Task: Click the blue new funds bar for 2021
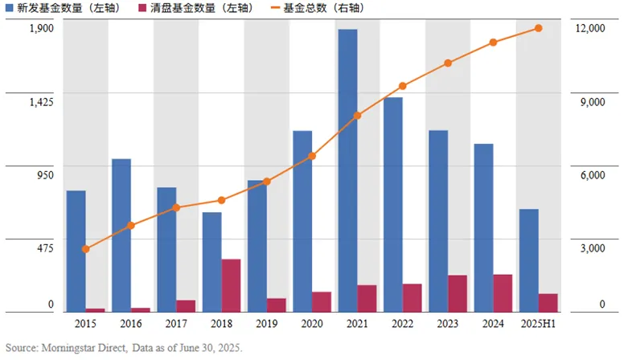click(x=347, y=170)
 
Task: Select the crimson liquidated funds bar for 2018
click(x=231, y=285)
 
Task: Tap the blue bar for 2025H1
click(x=528, y=260)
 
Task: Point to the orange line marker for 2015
click(x=86, y=249)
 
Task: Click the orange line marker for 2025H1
click(x=538, y=28)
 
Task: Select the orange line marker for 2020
click(x=312, y=156)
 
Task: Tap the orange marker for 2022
click(x=403, y=86)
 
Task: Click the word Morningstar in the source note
click(x=72, y=348)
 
